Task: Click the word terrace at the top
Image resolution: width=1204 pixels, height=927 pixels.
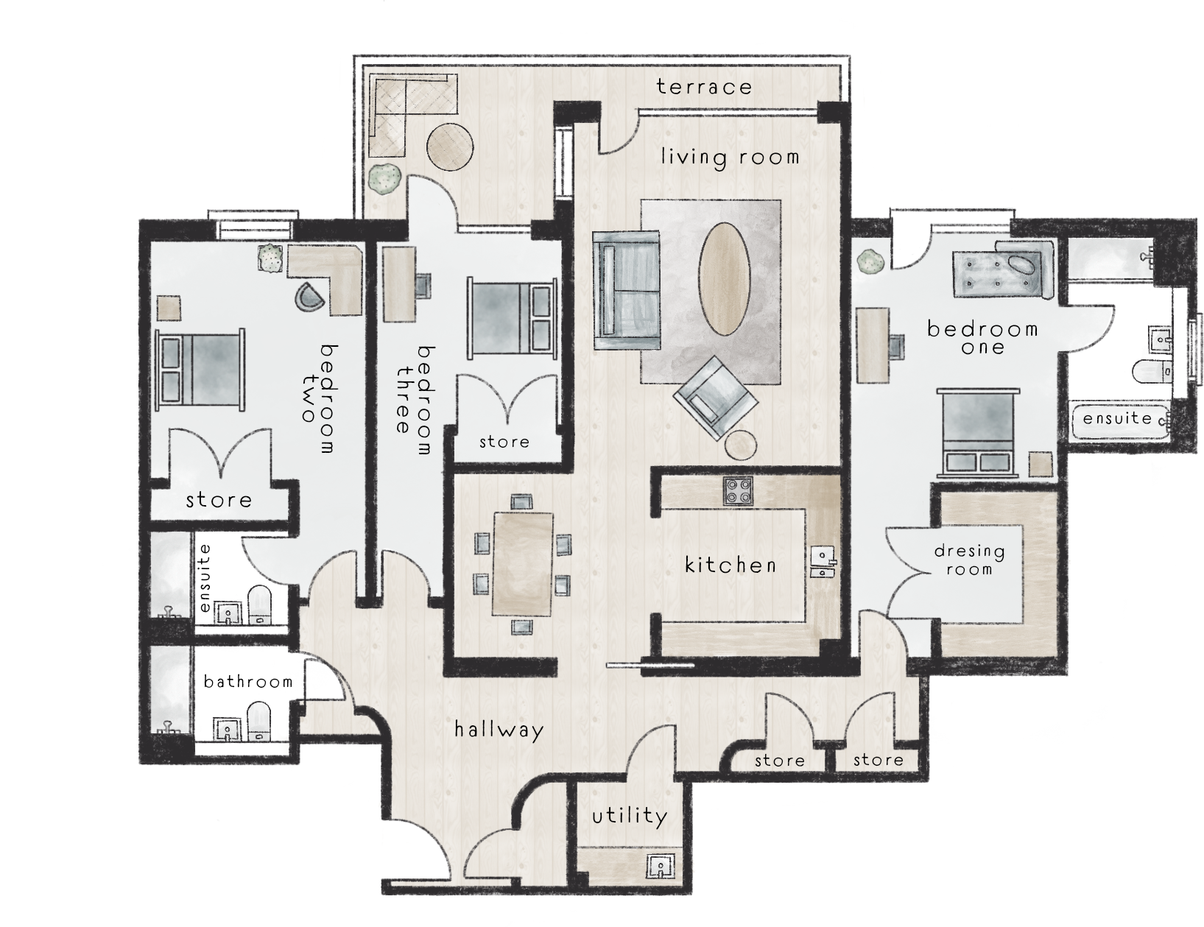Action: (703, 87)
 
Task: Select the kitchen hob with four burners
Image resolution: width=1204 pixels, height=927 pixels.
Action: (739, 490)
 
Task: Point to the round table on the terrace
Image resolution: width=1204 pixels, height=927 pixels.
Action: (451, 147)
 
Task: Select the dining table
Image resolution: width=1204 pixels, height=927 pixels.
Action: (522, 563)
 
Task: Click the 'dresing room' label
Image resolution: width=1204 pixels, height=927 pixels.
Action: (969, 560)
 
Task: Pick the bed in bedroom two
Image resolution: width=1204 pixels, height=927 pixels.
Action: (201, 370)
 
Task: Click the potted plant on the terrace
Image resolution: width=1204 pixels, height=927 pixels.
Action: (384, 178)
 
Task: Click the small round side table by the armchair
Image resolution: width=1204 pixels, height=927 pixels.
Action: (740, 445)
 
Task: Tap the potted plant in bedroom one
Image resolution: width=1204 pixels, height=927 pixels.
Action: (871, 261)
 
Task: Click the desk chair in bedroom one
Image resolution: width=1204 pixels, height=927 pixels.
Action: (897, 346)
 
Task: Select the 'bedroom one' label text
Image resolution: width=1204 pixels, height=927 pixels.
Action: (982, 337)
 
